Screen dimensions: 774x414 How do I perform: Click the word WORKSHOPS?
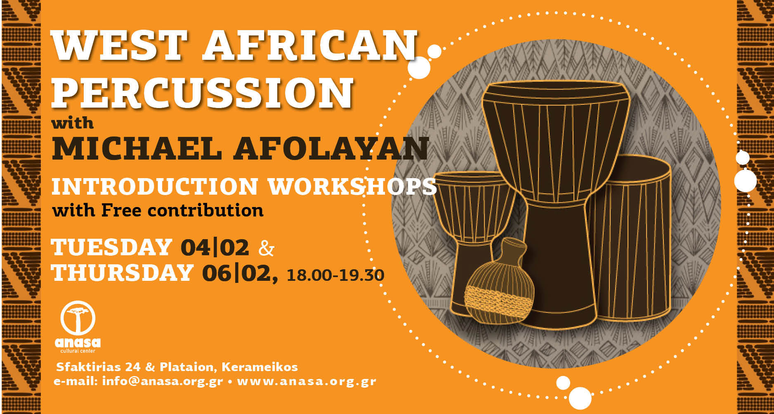click(x=352, y=186)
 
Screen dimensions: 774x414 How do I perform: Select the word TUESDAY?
click(x=111, y=247)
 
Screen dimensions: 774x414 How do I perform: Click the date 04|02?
click(x=215, y=247)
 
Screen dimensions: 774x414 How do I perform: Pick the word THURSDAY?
click(x=123, y=273)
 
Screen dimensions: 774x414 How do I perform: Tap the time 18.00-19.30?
click(x=335, y=275)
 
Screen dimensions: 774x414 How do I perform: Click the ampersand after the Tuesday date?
click(x=266, y=248)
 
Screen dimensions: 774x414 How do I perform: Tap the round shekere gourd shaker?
click(x=499, y=289)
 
